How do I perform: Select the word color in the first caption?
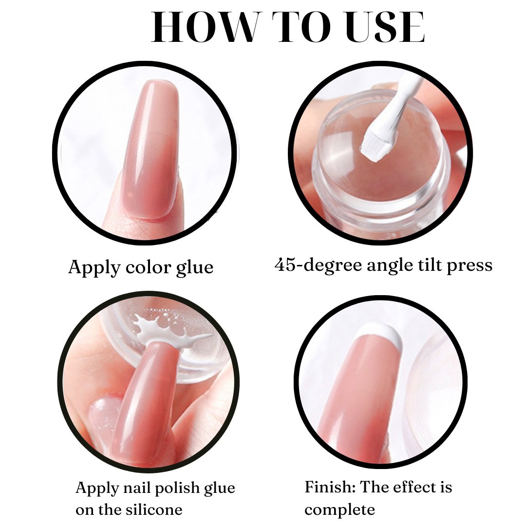click(x=148, y=267)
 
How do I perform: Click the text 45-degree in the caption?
click(x=319, y=265)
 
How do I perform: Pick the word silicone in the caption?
click(x=154, y=509)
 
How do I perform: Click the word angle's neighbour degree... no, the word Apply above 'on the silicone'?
click(x=97, y=488)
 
